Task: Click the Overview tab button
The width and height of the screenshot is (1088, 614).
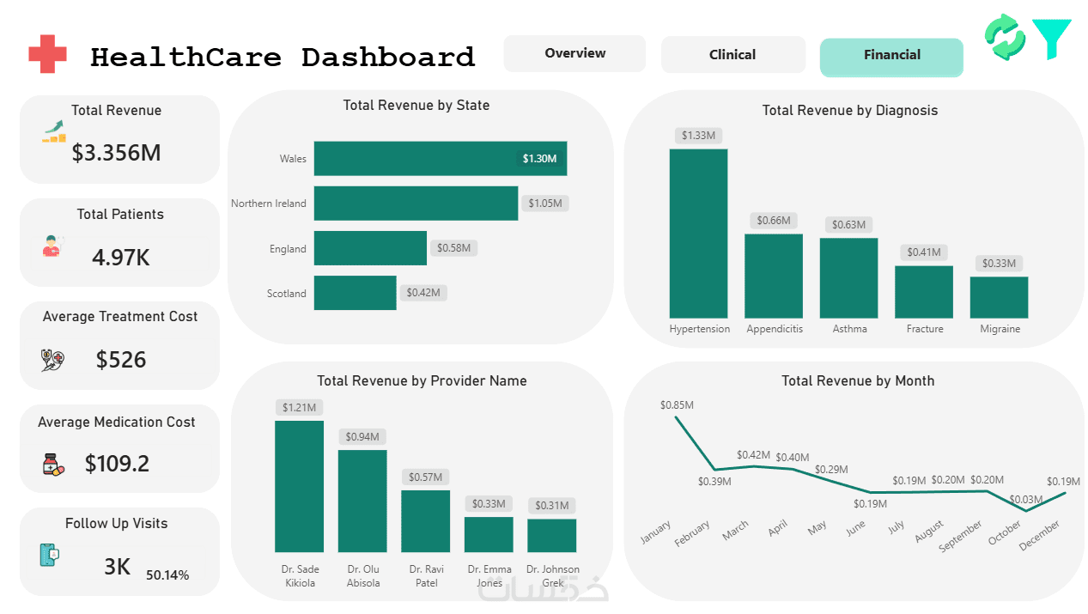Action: click(x=574, y=53)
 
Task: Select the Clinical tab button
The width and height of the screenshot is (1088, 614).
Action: click(x=733, y=54)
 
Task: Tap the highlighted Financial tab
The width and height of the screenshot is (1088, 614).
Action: click(x=891, y=57)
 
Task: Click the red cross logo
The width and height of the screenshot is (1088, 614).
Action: click(x=47, y=54)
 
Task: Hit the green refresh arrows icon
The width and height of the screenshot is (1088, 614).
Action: click(x=1005, y=37)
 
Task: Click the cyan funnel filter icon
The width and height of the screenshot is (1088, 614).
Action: click(x=1052, y=39)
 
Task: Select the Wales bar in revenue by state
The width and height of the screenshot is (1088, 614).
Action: click(x=440, y=158)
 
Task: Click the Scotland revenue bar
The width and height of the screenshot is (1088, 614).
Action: click(x=355, y=293)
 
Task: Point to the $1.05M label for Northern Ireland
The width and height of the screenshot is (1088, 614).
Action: click(x=545, y=203)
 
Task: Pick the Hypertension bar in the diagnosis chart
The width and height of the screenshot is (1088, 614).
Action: click(x=698, y=234)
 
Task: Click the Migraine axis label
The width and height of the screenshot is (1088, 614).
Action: click(x=1000, y=329)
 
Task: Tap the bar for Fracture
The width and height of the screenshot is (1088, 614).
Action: click(x=924, y=291)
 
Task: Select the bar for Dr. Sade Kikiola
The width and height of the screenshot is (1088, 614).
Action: click(x=299, y=486)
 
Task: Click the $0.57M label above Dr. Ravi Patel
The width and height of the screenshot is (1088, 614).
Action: click(x=425, y=477)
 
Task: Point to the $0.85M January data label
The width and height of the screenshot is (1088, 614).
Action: click(x=677, y=404)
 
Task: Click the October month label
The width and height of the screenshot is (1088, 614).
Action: click(x=1005, y=532)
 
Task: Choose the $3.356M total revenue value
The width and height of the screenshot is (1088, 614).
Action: click(x=116, y=153)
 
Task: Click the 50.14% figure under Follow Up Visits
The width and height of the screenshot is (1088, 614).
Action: click(x=167, y=575)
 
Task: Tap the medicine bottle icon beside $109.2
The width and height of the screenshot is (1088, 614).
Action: click(x=53, y=465)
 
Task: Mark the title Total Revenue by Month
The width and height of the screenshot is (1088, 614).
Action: click(x=858, y=380)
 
